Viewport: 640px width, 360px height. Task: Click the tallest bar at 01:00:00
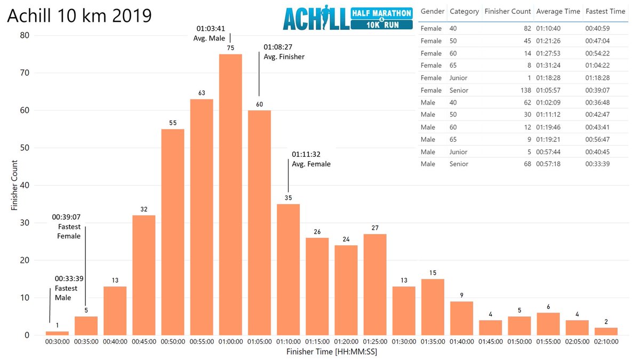(230, 195)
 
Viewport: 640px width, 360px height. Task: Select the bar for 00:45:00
(144, 275)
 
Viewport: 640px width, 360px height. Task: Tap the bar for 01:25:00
(375, 284)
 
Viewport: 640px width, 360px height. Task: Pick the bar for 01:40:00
(461, 318)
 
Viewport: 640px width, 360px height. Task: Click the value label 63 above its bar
(202, 93)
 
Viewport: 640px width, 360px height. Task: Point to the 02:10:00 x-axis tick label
(606, 342)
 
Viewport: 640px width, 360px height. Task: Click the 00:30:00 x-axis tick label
(57, 342)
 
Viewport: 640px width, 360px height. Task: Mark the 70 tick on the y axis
(25, 73)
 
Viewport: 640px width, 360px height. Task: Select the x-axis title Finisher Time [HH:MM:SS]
(331, 351)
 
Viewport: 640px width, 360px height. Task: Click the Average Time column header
(557, 11)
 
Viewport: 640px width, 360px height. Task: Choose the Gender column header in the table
(433, 11)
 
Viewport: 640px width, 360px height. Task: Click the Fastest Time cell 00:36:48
(605, 102)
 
